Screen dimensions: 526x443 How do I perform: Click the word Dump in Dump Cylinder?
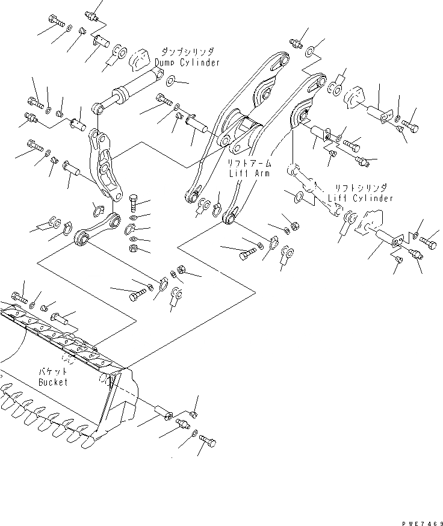166,63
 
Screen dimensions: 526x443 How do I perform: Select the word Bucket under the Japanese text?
53,382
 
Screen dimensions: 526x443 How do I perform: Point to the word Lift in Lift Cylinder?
338,198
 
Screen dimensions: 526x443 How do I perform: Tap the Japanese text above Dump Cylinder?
187,52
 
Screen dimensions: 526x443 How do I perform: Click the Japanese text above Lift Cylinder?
361,188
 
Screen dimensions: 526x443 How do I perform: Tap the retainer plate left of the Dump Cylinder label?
140,58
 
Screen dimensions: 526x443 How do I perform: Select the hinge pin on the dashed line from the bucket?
164,414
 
